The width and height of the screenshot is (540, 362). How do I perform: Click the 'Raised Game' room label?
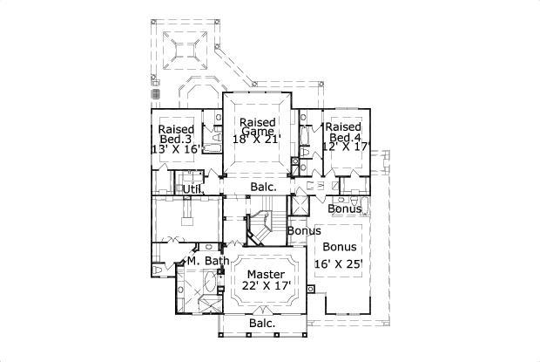(x=259, y=126)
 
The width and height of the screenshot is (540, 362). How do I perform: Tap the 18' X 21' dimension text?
(x=259, y=138)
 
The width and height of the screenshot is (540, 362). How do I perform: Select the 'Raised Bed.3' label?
(x=176, y=134)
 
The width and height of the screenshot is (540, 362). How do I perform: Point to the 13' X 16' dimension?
(x=177, y=149)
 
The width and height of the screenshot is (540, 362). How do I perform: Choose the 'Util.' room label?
(x=192, y=188)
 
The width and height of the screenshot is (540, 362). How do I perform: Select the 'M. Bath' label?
(x=207, y=261)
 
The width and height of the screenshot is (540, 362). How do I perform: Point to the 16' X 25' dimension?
(x=337, y=263)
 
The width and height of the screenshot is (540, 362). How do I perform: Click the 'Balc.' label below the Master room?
(x=262, y=324)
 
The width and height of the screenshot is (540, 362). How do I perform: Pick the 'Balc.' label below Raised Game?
(x=263, y=187)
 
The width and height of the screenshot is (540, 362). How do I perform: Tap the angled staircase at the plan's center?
(x=258, y=229)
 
